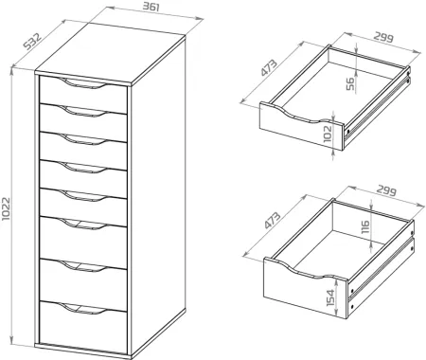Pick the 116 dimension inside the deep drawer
tap(364, 229)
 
